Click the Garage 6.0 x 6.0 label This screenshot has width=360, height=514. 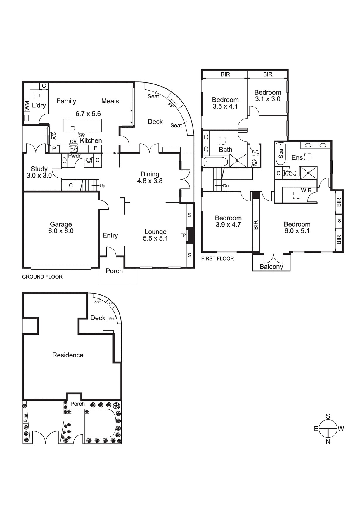61,228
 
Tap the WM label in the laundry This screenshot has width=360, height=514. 27,105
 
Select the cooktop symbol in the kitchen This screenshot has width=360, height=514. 73,149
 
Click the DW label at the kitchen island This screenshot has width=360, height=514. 81,136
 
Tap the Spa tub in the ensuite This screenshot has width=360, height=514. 281,153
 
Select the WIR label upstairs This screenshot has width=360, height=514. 306,190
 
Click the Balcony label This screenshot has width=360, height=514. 271,267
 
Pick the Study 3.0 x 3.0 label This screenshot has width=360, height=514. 39,172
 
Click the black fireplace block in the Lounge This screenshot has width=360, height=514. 190,235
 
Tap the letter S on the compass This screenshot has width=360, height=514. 328,416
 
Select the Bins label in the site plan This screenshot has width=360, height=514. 25,418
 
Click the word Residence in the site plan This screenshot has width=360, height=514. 68,355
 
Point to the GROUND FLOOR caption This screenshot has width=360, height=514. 42,277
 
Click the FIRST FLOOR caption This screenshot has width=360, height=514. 217,258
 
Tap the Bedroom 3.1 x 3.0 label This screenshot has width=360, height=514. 267,95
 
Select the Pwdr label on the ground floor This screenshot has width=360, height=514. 74,156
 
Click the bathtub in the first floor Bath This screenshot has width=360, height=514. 216,162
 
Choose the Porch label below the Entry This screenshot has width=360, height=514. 114,271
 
